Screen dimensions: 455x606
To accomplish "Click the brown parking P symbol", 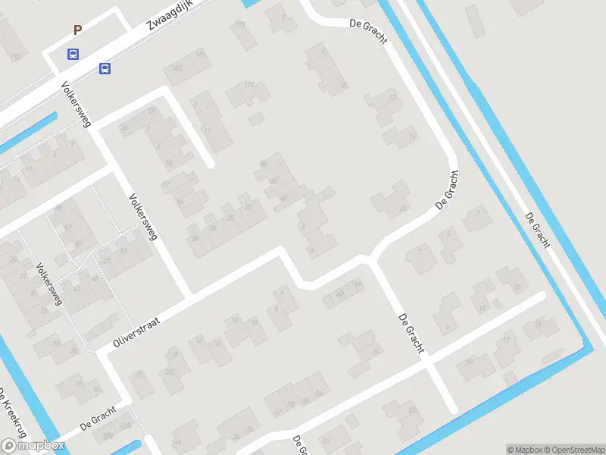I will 77,30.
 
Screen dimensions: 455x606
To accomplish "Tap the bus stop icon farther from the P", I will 105,69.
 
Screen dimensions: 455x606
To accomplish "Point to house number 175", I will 240,25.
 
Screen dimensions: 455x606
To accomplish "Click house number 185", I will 176,69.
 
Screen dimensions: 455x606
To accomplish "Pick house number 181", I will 201,55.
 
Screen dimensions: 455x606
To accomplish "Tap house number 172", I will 248,85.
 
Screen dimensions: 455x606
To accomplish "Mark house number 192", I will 15,56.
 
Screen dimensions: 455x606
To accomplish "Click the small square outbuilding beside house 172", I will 257,119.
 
